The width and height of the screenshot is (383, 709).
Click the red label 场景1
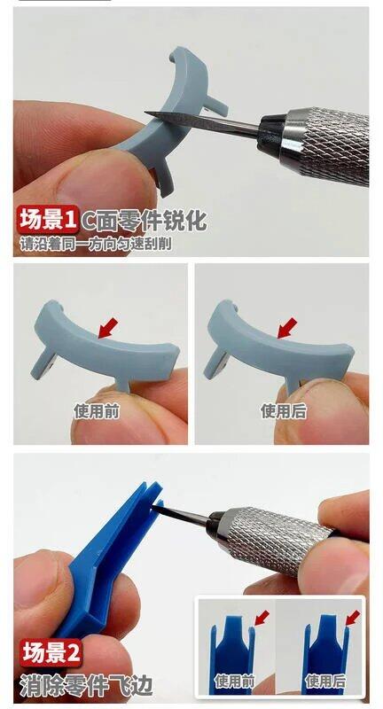tap(48, 219)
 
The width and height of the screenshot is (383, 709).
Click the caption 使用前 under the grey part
tap(97, 411)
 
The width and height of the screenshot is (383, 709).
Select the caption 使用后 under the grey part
tap(284, 411)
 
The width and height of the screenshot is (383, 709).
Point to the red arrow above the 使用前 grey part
tap(108, 327)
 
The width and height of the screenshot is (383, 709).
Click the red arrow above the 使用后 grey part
tap(287, 327)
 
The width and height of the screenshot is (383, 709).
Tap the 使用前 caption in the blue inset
tap(234, 681)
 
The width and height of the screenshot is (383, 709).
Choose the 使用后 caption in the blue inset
tap(325, 681)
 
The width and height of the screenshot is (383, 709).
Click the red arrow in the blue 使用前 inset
tap(262, 618)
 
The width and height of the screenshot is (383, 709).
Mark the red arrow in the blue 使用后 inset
tap(353, 618)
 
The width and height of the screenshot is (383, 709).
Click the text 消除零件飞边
tap(86, 684)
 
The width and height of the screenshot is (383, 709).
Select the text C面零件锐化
tap(144, 221)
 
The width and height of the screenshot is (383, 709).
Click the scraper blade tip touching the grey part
tap(146, 113)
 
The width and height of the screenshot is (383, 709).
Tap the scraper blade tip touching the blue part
tap(154, 507)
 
